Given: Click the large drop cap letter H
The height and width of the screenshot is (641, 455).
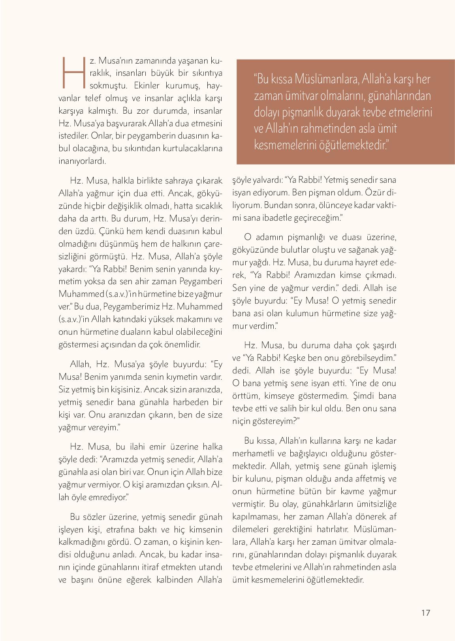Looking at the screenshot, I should [x=73, y=72].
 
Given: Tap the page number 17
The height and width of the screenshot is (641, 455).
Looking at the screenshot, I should [x=425, y=613].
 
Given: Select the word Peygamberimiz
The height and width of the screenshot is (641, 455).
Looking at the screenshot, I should [x=140, y=306].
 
